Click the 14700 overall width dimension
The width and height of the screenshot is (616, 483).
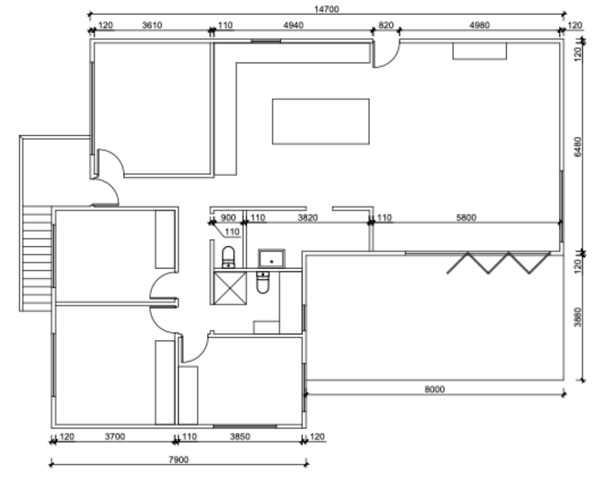[x=326, y=9]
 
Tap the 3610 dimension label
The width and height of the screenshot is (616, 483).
[x=152, y=25]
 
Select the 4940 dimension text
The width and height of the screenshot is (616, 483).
[x=293, y=25]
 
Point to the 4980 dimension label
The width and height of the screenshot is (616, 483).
[x=480, y=25]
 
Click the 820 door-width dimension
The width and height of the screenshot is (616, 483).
[x=386, y=25]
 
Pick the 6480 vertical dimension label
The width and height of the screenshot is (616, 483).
[x=578, y=147]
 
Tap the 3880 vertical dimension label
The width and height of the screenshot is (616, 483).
[x=578, y=317]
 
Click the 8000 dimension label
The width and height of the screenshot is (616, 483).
[x=435, y=389]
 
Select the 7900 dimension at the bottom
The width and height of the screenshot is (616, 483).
[x=178, y=460]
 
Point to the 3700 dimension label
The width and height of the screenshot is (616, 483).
[x=115, y=437]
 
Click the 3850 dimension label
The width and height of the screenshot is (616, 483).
[x=240, y=437]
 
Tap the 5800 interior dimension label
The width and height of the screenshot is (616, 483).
[x=467, y=217]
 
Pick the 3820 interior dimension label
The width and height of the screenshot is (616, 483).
[x=307, y=217]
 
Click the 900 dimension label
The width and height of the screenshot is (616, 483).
[x=228, y=217]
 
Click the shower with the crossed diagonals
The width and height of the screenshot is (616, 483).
[x=230, y=288]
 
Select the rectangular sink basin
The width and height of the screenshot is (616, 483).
[x=271, y=258]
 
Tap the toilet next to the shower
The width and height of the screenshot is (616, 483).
[x=228, y=257]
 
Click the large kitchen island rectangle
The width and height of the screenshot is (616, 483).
[x=321, y=121]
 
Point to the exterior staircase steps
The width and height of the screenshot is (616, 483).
[x=37, y=258]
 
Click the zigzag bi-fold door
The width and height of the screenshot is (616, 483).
[x=498, y=263]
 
